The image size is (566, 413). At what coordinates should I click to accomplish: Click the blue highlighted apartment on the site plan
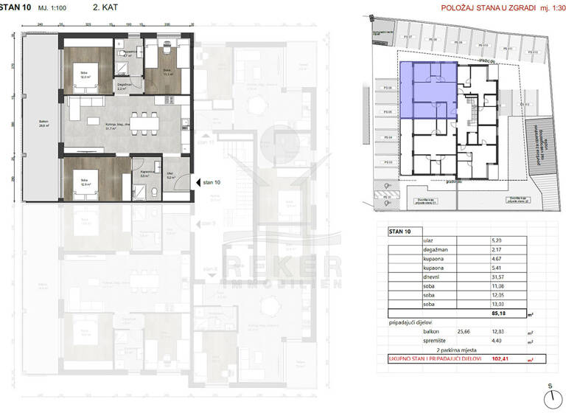427,91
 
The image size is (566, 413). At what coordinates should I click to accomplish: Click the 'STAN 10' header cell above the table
402,231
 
